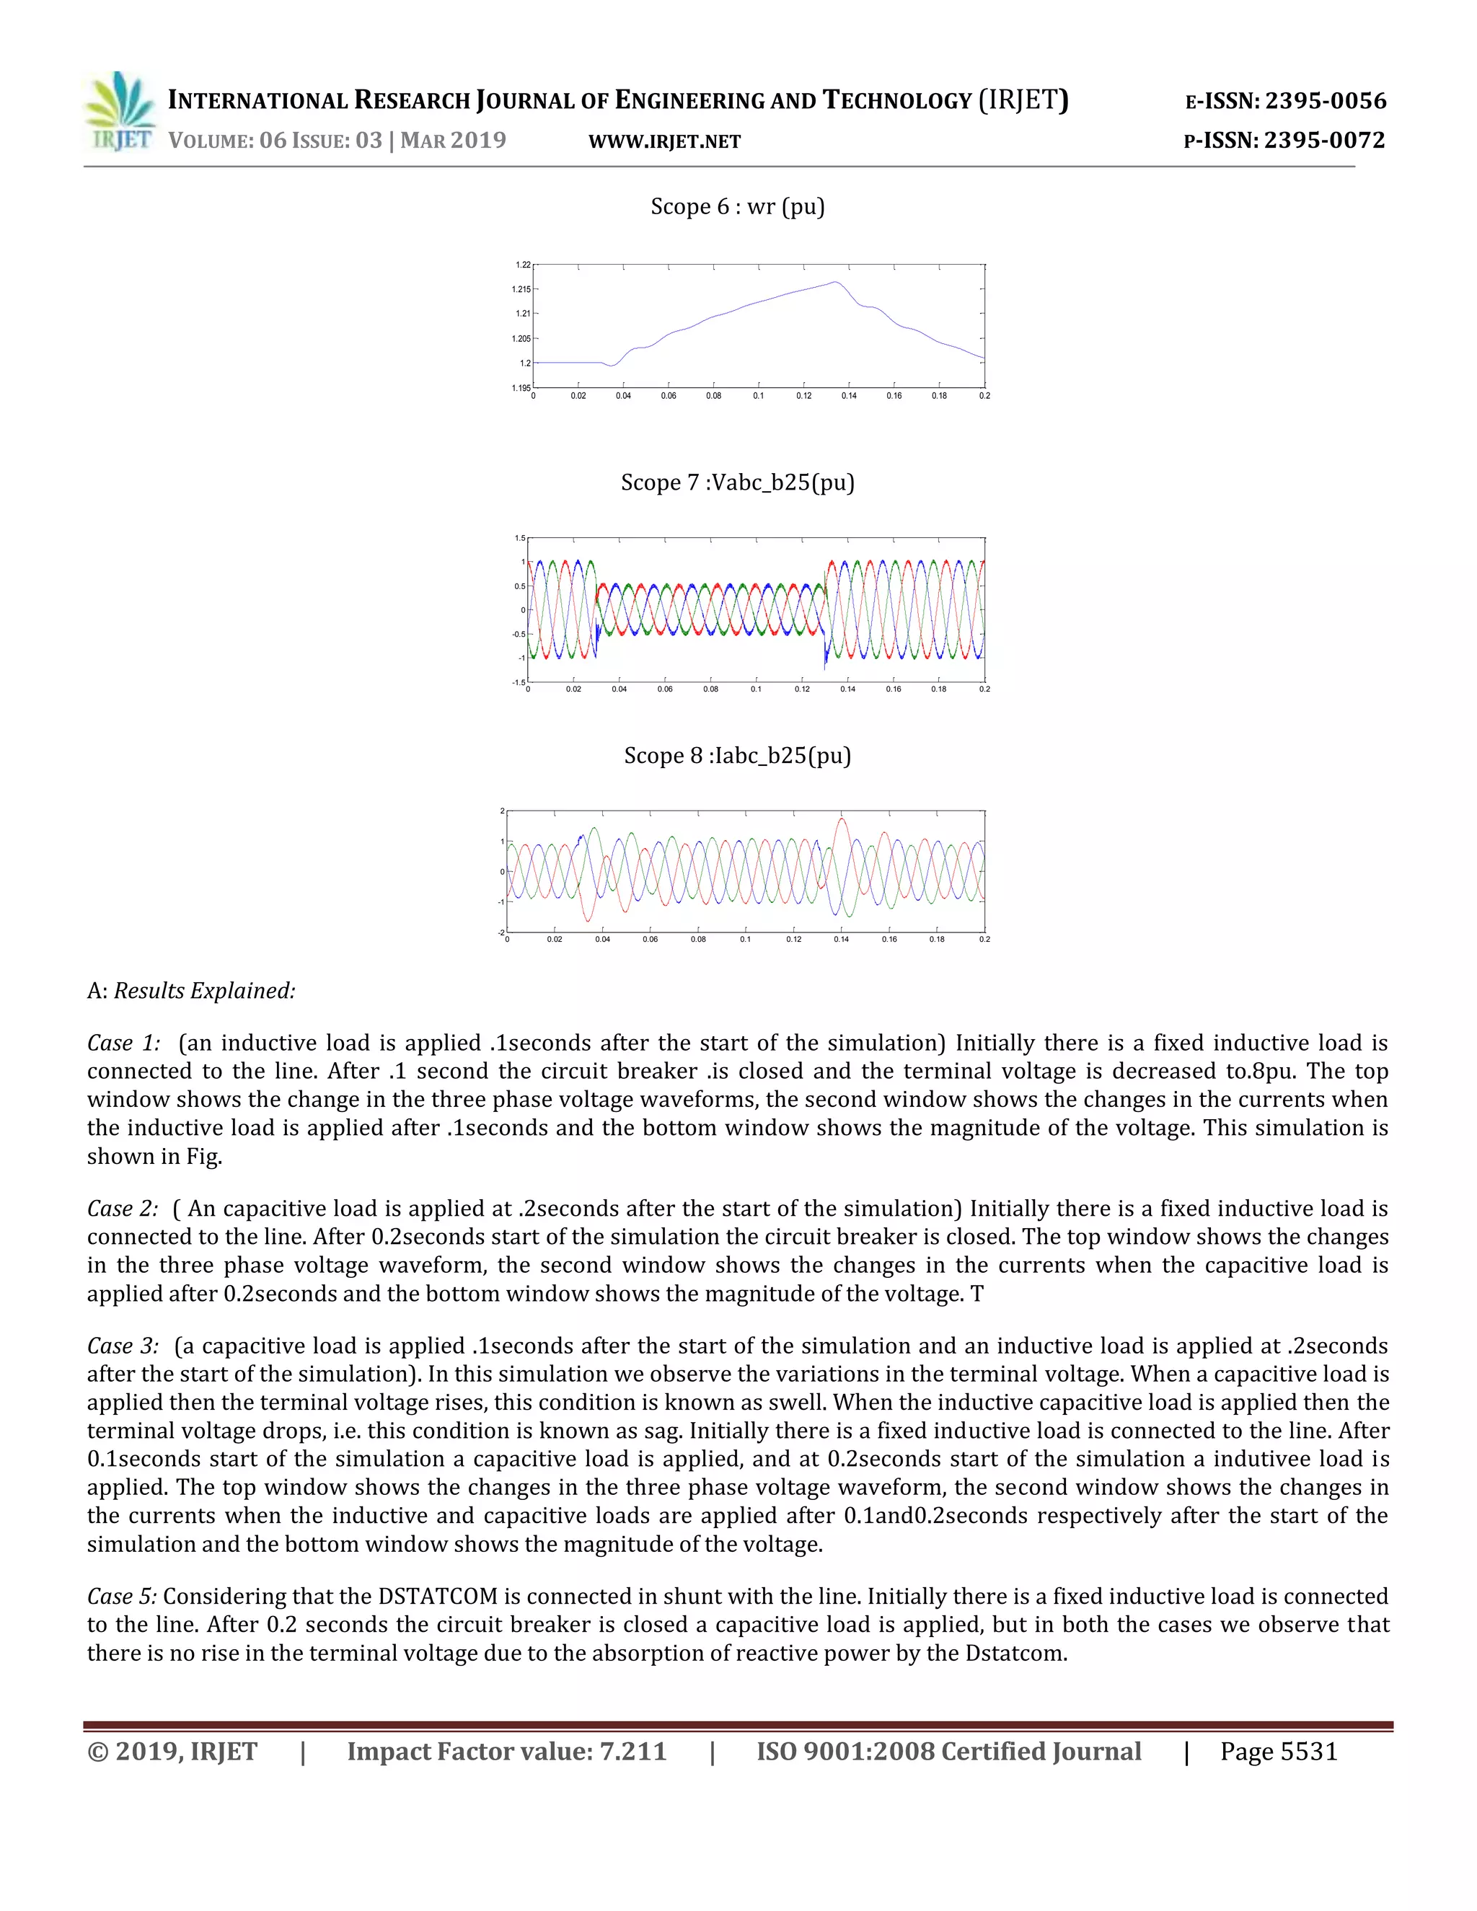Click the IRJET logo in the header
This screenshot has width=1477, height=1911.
120,111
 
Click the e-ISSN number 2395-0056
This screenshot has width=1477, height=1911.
1325,101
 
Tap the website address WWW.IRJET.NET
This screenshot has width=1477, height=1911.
664,142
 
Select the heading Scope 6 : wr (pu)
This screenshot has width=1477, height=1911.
737,206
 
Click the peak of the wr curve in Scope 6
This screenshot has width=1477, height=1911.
836,282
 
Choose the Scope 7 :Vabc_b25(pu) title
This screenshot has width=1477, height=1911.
737,482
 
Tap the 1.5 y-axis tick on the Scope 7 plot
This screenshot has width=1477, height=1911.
520,538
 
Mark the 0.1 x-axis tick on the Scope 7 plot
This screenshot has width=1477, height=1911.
756,689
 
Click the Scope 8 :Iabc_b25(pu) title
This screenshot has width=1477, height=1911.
737,755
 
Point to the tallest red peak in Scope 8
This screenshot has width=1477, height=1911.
842,819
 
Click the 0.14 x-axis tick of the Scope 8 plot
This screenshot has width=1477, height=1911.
841,939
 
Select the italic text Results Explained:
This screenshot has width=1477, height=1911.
204,991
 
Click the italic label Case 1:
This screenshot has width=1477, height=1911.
123,1043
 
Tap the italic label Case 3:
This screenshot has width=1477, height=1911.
123,1346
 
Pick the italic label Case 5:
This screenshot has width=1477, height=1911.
122,1596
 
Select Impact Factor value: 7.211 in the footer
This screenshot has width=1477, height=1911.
506,1752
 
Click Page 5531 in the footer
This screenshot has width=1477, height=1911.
1279,1752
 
